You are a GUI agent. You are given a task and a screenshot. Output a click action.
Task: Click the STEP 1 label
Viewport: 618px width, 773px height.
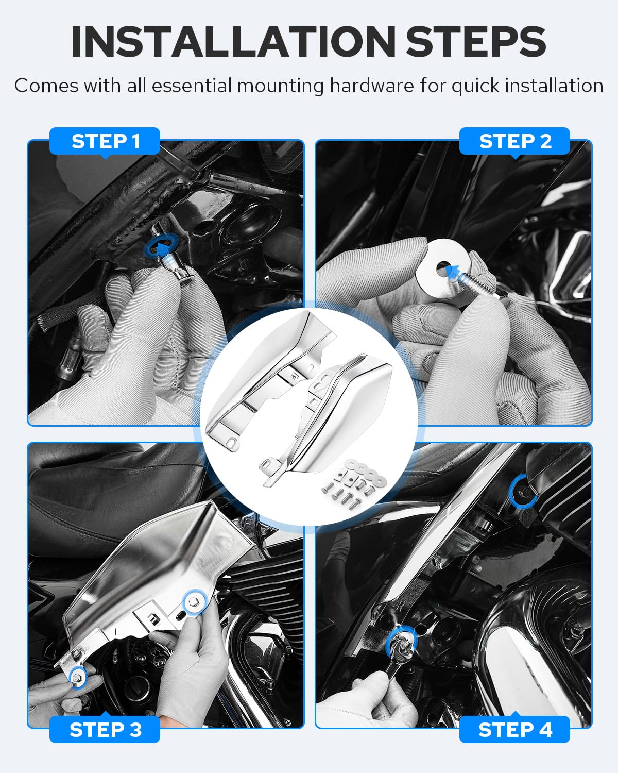pos(105,141)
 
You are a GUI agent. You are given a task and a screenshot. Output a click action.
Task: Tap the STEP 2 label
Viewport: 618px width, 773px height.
pos(514,141)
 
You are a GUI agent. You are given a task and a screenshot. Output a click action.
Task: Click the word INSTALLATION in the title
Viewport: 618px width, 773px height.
pos(233,42)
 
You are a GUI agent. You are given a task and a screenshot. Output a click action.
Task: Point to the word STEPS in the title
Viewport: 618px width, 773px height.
pos(476,42)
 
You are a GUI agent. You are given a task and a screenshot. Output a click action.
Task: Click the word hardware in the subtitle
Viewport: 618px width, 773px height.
pos(372,86)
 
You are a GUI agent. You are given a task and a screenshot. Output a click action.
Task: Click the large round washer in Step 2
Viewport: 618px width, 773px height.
pos(442,268)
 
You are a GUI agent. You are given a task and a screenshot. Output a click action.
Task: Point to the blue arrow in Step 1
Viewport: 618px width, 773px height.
pos(161,247)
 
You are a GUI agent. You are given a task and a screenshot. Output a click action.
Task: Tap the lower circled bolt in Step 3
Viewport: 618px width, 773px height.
pos(78,678)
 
